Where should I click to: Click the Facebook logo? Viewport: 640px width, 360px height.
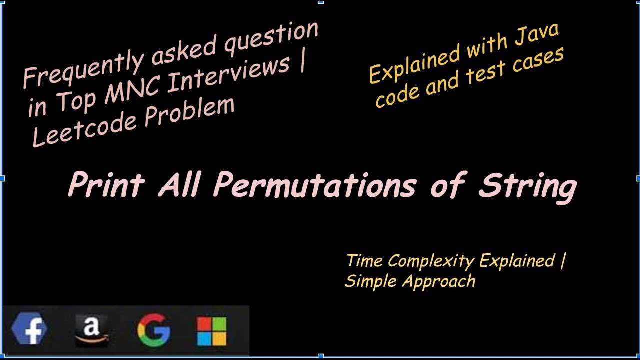coord(29,330)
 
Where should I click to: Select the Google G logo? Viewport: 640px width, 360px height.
coord(154,330)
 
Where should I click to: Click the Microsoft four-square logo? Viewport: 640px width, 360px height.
coord(212,331)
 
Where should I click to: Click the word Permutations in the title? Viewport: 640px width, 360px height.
coord(315,185)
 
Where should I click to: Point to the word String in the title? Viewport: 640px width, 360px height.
coord(527,186)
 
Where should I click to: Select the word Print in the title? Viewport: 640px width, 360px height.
coord(106,185)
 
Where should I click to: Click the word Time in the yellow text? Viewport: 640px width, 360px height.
coord(365,261)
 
